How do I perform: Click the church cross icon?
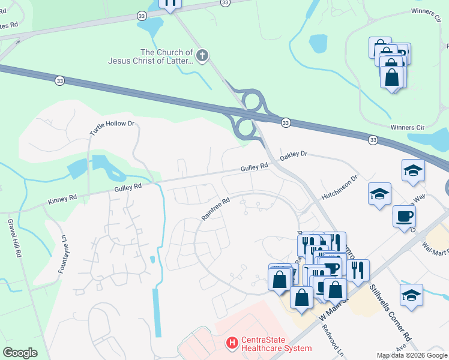(x=202, y=56)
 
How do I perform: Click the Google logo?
(x=20, y=353)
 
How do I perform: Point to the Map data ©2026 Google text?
(x=412, y=355)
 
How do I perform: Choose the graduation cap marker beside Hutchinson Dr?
(x=379, y=194)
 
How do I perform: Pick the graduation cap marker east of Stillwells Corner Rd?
(x=411, y=295)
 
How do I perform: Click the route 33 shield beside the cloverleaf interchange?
(x=285, y=122)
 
